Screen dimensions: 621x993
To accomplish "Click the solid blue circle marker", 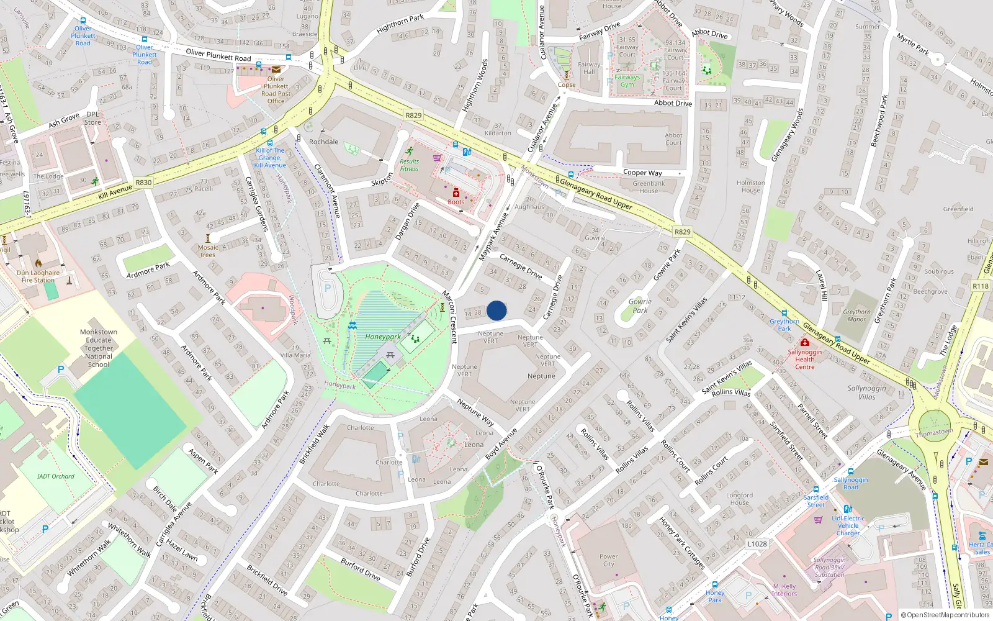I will click(x=496, y=310).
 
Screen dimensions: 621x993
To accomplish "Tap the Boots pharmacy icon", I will click(x=456, y=193).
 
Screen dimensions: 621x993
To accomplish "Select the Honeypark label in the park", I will click(x=382, y=337).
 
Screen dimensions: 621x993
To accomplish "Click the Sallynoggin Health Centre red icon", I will click(x=805, y=343).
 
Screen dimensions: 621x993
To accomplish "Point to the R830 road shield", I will click(x=143, y=183).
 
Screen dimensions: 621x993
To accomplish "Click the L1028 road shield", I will click(x=757, y=544).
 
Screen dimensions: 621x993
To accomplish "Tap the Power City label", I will click(x=608, y=560).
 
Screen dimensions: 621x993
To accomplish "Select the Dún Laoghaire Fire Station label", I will click(x=38, y=276).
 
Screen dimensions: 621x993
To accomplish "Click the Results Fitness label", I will click(x=409, y=165).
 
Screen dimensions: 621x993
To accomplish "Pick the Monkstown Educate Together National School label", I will click(x=98, y=348).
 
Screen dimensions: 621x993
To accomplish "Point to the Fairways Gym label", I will click(x=627, y=81).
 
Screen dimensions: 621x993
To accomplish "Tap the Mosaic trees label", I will click(x=208, y=251).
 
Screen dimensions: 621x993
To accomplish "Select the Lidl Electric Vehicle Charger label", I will click(x=848, y=525).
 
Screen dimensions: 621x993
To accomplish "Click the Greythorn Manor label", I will click(x=856, y=315).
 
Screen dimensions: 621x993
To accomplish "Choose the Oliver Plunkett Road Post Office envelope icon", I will click(x=276, y=70).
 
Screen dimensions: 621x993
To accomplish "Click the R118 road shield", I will click(x=981, y=286).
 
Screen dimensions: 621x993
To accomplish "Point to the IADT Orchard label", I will click(x=56, y=476).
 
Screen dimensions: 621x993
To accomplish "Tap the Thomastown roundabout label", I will click(x=934, y=432).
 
